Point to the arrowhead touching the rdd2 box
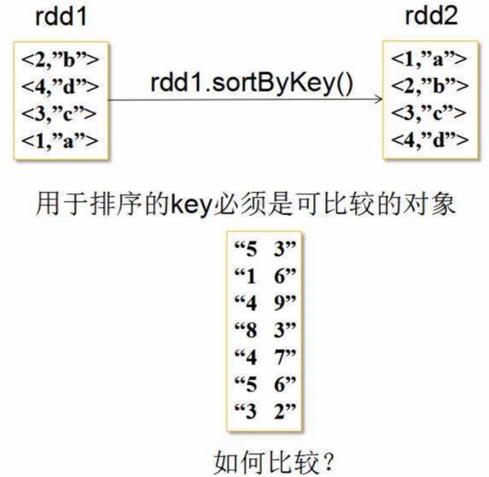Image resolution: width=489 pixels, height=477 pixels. click(x=377, y=101)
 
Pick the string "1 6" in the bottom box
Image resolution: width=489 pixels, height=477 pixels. click(x=265, y=276)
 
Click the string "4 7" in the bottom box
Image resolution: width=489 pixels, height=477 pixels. click(x=265, y=355)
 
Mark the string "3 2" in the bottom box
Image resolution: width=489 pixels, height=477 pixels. click(x=265, y=408)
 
